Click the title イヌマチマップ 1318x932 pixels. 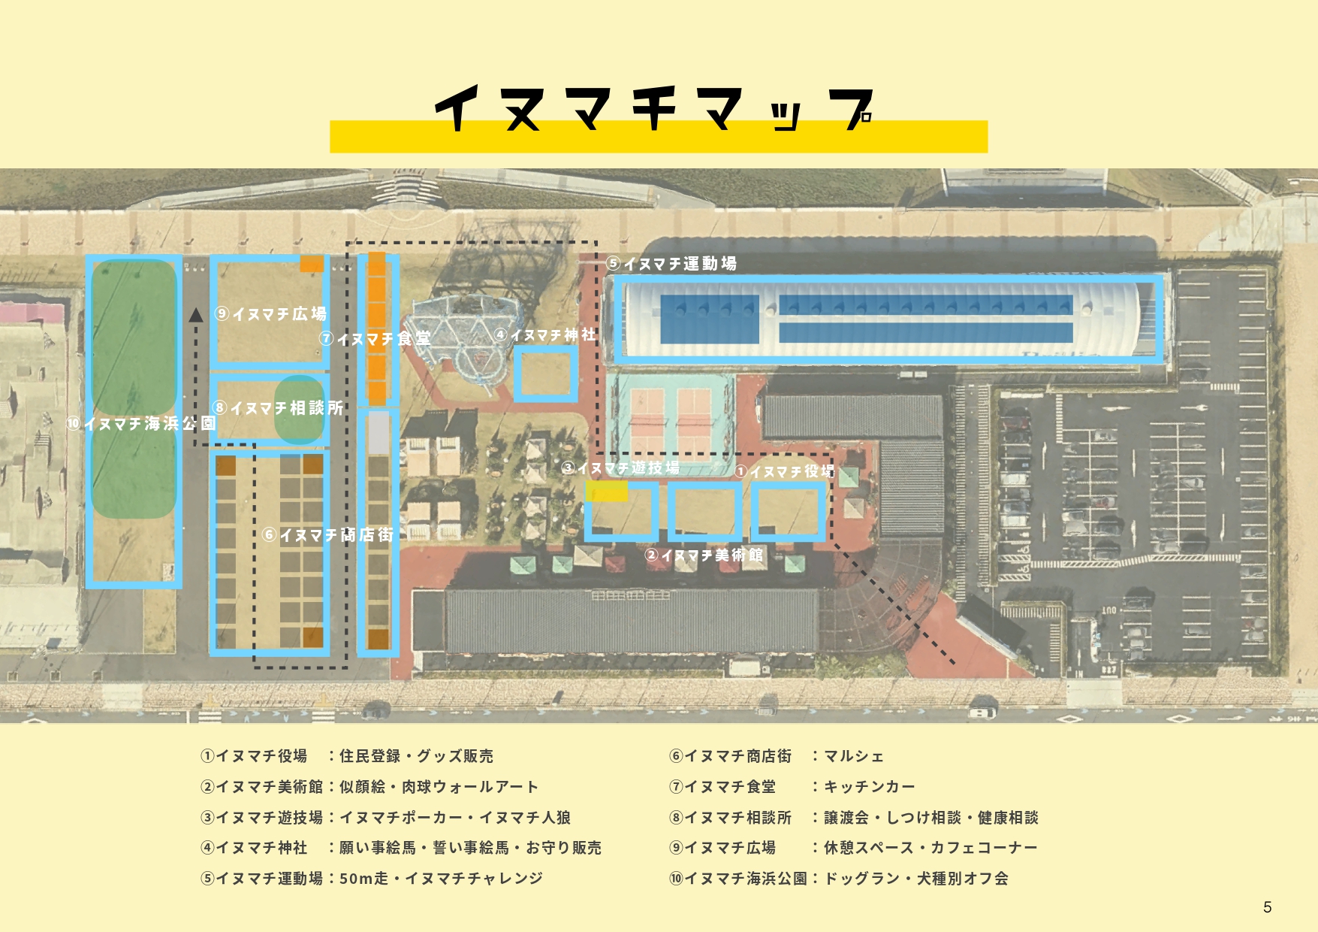coord(654,109)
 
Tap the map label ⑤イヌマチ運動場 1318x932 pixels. coord(671,264)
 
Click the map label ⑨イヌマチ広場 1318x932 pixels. coord(271,313)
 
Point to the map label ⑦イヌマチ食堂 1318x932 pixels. coord(375,339)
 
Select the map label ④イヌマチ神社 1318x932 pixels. coord(545,334)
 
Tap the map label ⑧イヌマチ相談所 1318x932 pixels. coord(278,408)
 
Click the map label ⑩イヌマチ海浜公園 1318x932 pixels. coord(142,423)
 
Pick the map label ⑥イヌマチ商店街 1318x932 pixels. coord(328,534)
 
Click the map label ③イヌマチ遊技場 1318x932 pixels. coord(621,468)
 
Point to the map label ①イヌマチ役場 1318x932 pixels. coord(785,471)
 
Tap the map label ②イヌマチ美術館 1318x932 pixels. coord(704,555)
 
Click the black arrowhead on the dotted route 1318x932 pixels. coord(196,314)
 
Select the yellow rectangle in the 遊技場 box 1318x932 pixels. coord(607,491)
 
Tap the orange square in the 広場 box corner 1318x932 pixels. coord(312,263)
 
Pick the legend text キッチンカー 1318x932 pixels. coord(870,787)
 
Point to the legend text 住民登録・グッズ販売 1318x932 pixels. coord(416,756)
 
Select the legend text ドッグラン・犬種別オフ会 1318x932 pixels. coord(916,879)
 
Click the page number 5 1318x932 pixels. coord(1268,907)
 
